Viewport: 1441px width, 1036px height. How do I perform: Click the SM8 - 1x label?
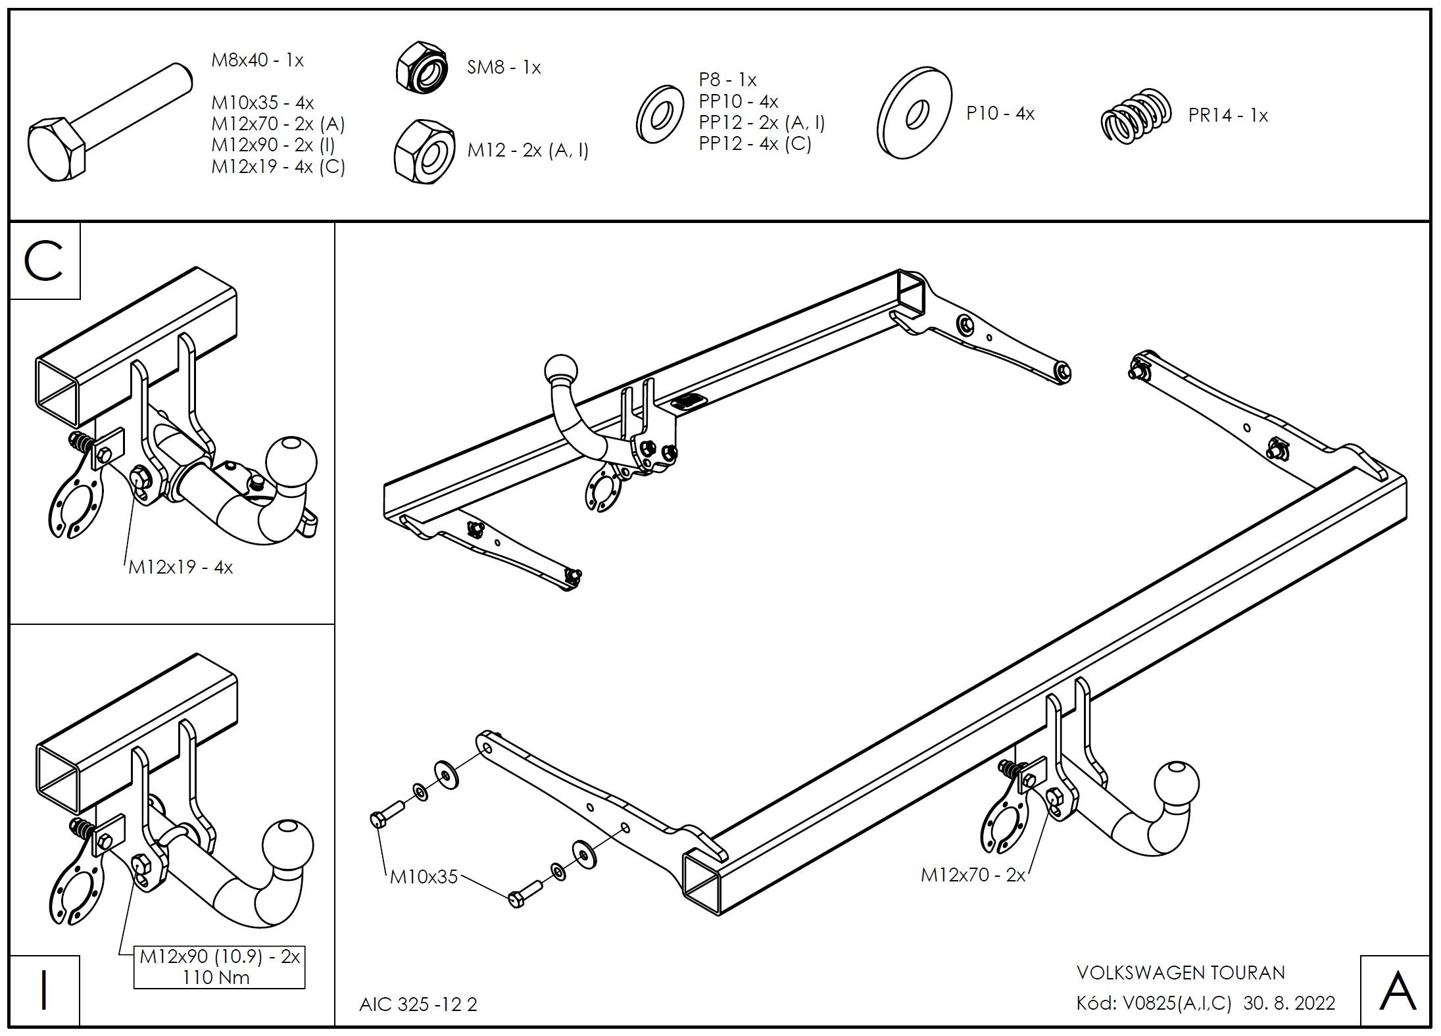tap(503, 68)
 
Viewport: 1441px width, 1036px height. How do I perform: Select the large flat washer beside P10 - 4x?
tap(914, 112)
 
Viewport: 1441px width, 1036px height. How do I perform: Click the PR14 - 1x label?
tap(1227, 116)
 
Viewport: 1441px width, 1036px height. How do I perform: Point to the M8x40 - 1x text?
tap(257, 61)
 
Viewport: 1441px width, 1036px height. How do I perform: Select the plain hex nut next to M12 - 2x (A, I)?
tap(424, 151)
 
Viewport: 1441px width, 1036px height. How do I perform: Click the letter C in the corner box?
tap(43, 261)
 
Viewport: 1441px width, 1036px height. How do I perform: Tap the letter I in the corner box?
tap(43, 990)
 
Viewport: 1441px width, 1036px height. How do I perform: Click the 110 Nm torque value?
tap(216, 977)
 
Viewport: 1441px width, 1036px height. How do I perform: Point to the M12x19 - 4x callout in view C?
tap(180, 568)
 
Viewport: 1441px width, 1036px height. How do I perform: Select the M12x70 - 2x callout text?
tap(973, 875)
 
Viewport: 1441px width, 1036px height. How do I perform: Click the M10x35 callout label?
tap(424, 877)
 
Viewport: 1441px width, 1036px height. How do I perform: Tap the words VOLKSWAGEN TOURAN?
tap(1181, 973)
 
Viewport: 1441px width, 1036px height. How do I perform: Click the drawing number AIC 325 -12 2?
tap(418, 1004)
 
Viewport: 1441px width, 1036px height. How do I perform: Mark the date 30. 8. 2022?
tap(1289, 1003)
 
